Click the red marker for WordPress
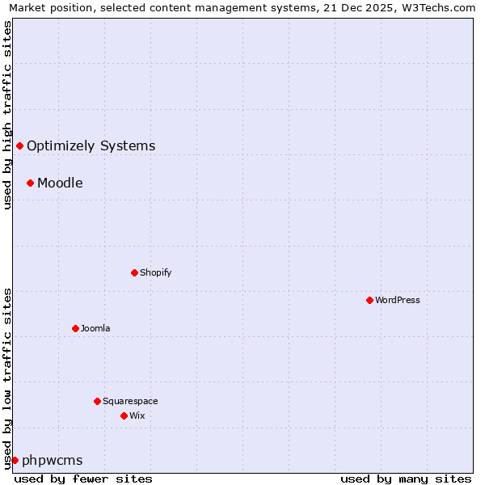369,300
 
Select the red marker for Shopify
134,272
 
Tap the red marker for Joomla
75,328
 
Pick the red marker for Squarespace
97,401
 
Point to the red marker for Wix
124,415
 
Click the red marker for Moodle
30,183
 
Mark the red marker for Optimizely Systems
19,145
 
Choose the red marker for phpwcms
15,460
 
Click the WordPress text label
398,300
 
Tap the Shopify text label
156,272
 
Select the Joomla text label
95,328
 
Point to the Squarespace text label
130,401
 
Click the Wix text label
137,415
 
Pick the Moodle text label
60,183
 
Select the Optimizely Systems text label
91,145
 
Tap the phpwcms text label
53,460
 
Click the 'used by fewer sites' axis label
83,479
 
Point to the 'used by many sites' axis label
406,479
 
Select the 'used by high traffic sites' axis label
7,115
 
